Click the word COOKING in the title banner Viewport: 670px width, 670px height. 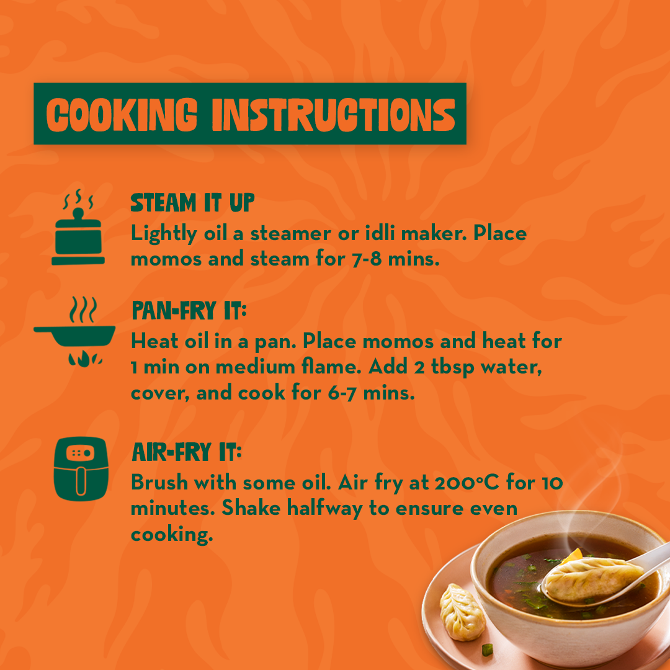click(x=122, y=114)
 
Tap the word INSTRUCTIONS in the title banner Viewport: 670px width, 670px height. click(x=334, y=114)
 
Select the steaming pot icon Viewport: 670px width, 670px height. click(x=78, y=227)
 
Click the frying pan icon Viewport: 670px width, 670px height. click(x=75, y=331)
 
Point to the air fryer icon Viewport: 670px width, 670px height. click(x=81, y=469)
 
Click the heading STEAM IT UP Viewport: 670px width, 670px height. click(x=192, y=202)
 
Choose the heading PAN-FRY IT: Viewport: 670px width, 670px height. click(x=189, y=310)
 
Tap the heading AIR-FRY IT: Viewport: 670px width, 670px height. click(x=187, y=452)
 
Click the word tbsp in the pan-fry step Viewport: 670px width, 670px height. click(x=452, y=367)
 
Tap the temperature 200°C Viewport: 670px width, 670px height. click(x=467, y=483)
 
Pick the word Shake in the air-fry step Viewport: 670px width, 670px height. click(x=251, y=508)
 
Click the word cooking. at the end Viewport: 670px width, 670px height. click(x=172, y=535)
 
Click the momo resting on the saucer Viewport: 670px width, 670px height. click(x=462, y=612)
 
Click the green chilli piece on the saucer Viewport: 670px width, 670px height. click(x=487, y=650)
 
